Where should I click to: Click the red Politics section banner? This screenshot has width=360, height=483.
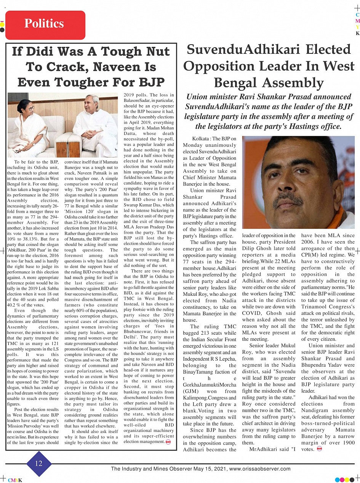[x=45, y=24]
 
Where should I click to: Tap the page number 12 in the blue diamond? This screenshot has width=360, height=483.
[x=39, y=463]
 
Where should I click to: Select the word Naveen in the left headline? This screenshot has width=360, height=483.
[x=114, y=67]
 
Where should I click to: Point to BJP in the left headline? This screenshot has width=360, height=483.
[x=151, y=82]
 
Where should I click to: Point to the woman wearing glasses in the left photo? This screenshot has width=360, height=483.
[x=28, y=122]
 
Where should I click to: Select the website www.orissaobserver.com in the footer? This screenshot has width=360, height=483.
[x=260, y=469]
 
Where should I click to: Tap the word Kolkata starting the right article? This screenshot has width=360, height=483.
[x=201, y=139]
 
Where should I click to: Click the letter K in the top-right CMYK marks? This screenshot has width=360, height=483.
[x=357, y=33]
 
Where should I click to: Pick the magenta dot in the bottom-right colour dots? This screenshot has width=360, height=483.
[x=342, y=480]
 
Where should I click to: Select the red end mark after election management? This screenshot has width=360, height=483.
[x=168, y=442]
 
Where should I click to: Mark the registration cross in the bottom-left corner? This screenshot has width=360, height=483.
[x=3, y=478]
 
